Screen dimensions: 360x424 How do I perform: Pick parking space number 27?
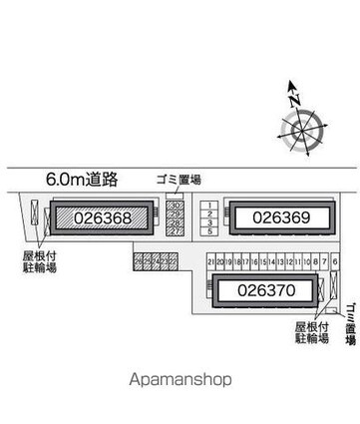176,204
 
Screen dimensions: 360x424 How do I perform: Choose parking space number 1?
210,179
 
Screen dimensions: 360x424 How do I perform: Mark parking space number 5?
210,204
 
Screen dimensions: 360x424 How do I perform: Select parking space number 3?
210,196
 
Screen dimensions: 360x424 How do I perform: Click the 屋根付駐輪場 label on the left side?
35,234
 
